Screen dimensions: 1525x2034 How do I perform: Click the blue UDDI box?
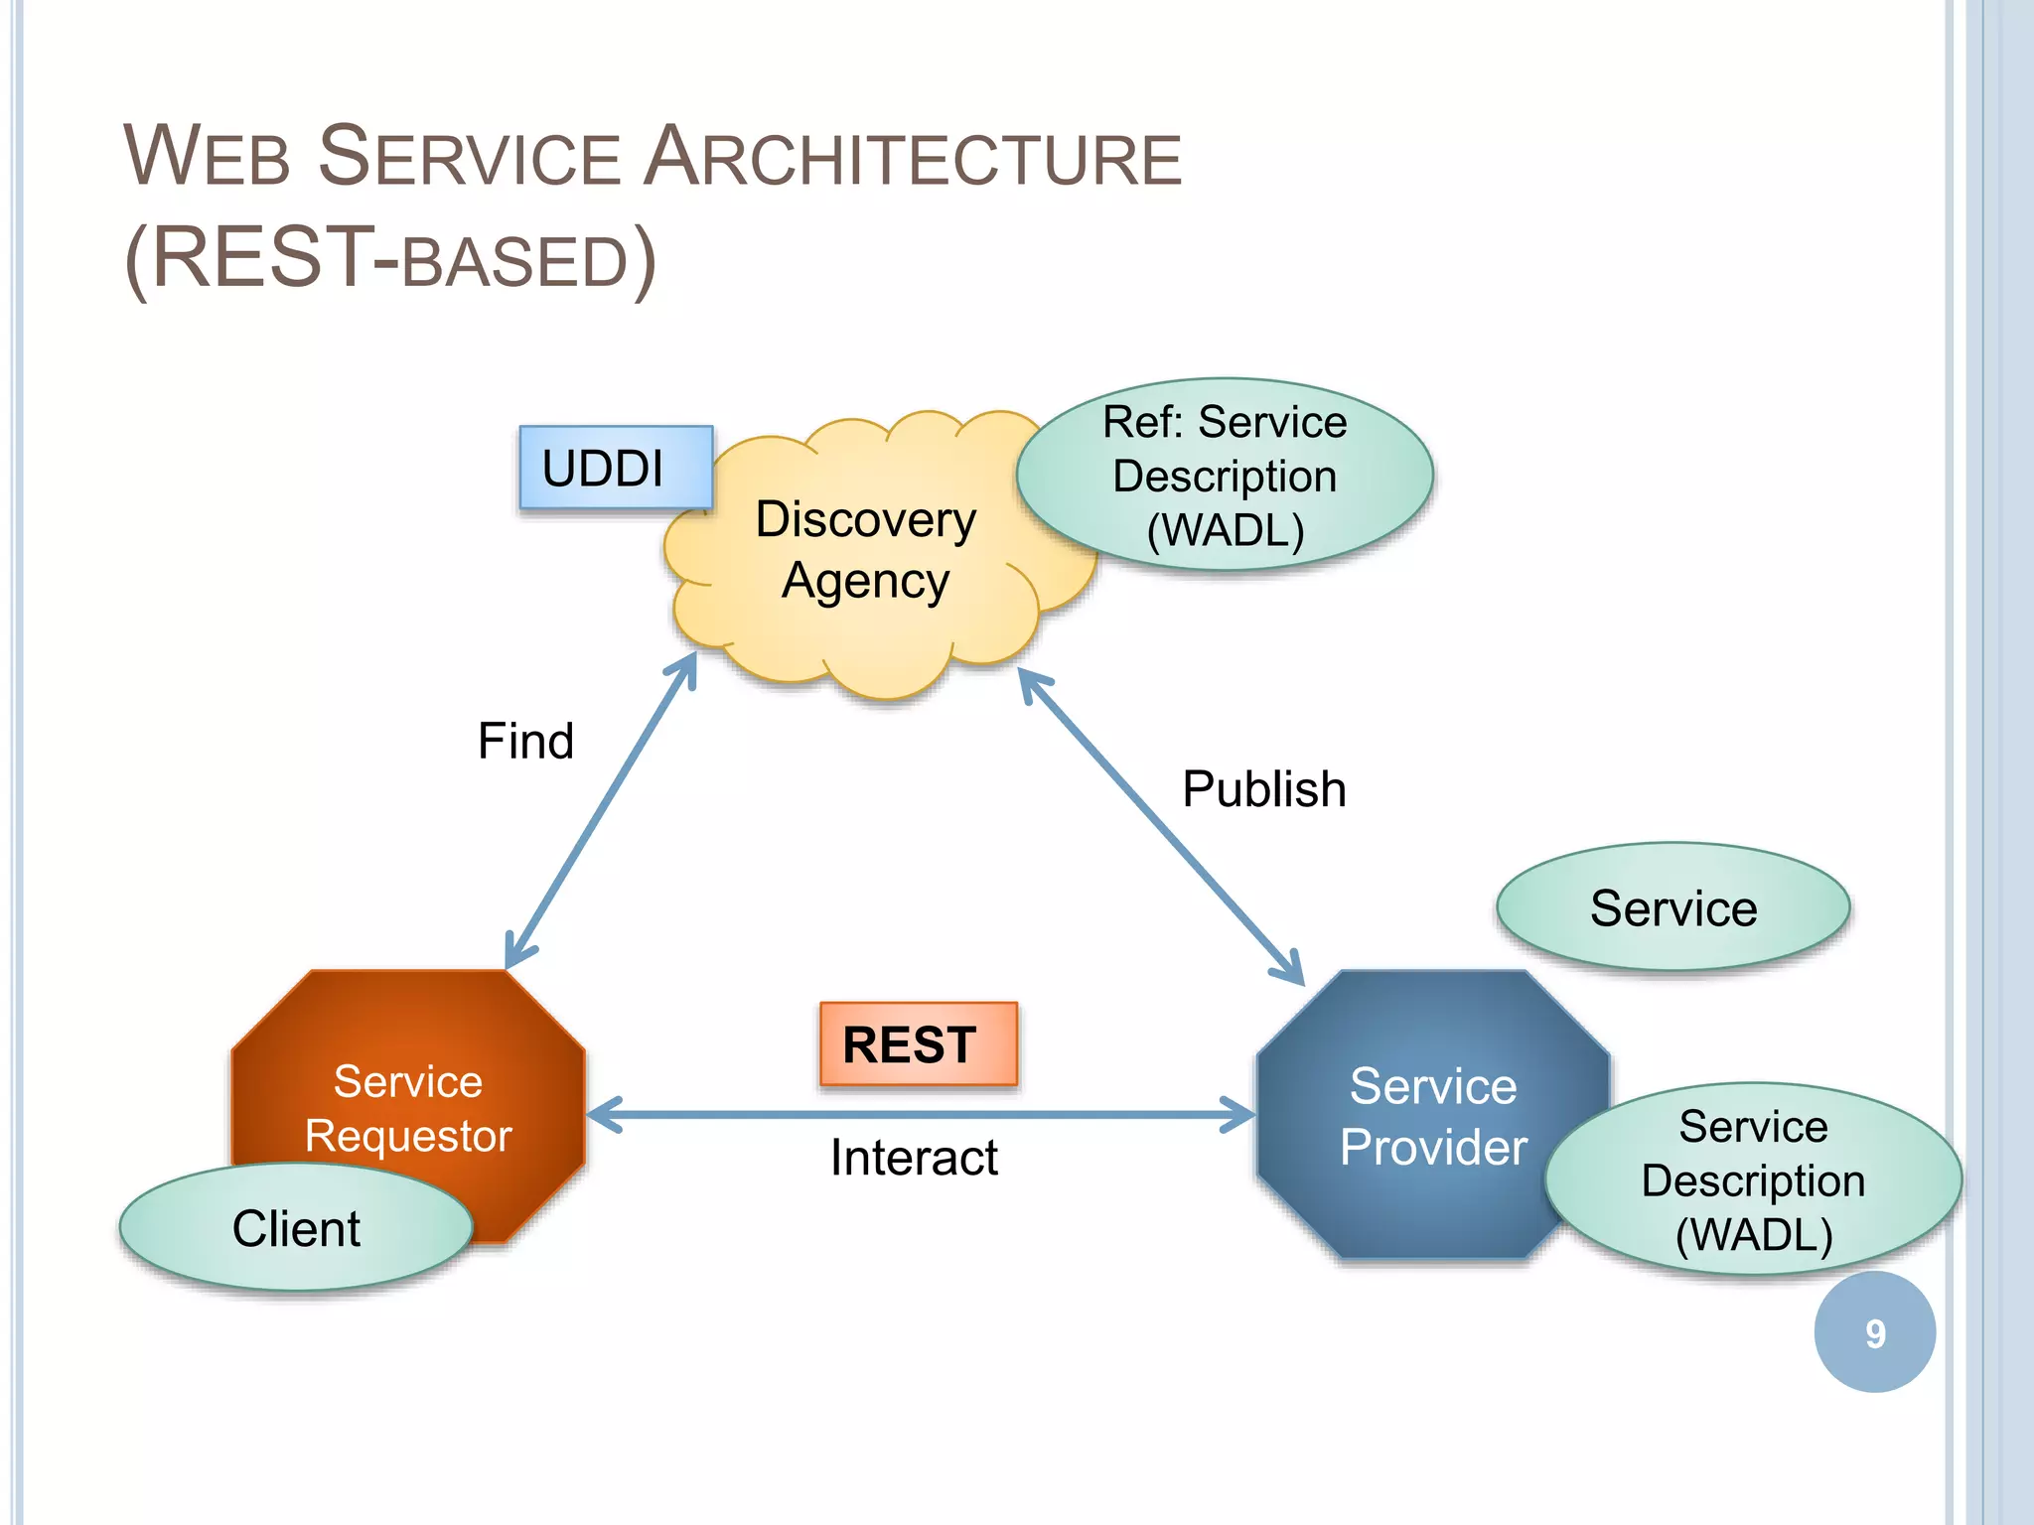point(616,468)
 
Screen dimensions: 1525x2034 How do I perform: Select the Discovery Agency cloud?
point(864,551)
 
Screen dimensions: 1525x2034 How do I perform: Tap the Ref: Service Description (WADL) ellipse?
point(1225,476)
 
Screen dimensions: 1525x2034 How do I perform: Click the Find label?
point(525,741)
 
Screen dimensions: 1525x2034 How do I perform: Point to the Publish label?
point(1263,789)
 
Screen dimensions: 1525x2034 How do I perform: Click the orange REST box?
point(918,1044)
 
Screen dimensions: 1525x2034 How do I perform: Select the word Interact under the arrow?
point(914,1158)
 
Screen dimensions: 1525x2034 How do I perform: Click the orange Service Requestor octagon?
point(408,1082)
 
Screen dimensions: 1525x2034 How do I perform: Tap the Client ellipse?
point(296,1228)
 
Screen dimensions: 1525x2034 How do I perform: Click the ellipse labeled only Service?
point(1672,907)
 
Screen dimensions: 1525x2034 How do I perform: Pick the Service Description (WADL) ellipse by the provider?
point(1753,1179)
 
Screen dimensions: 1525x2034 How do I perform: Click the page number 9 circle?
point(1874,1332)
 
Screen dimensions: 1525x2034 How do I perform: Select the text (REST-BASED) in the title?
point(389,260)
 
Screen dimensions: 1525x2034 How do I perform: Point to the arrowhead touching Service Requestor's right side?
point(602,1115)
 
